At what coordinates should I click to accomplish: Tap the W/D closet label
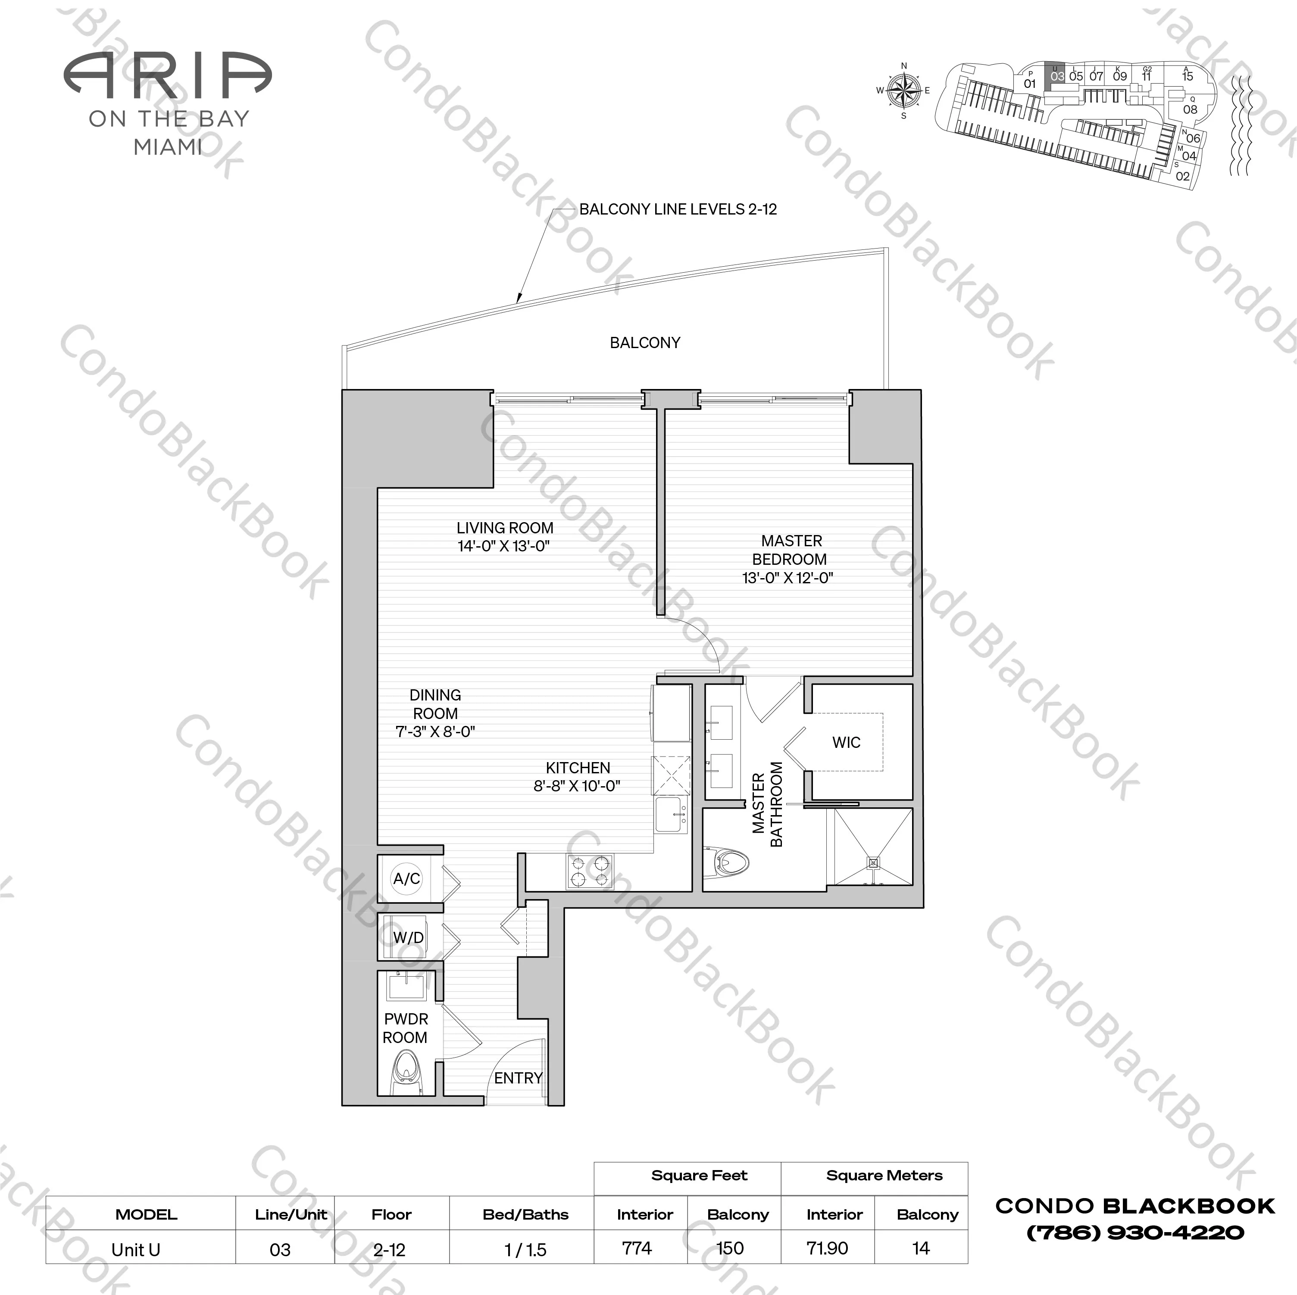click(x=408, y=937)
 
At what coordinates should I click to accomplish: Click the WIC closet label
click(x=846, y=743)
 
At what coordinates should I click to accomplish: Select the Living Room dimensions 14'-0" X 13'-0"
click(x=503, y=546)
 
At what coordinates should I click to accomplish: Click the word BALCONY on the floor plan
click(x=644, y=343)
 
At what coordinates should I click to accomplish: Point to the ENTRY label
click(x=518, y=1078)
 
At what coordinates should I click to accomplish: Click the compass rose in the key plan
click(x=903, y=90)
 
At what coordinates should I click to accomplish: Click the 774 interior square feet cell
click(x=637, y=1248)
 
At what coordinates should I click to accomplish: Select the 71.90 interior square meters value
click(x=827, y=1248)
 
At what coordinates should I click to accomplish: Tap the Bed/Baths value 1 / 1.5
click(x=525, y=1249)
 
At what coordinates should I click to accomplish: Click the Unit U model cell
click(x=136, y=1249)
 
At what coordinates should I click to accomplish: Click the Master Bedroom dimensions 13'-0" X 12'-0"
click(x=788, y=578)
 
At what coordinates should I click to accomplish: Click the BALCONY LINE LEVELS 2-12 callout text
click(x=678, y=209)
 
